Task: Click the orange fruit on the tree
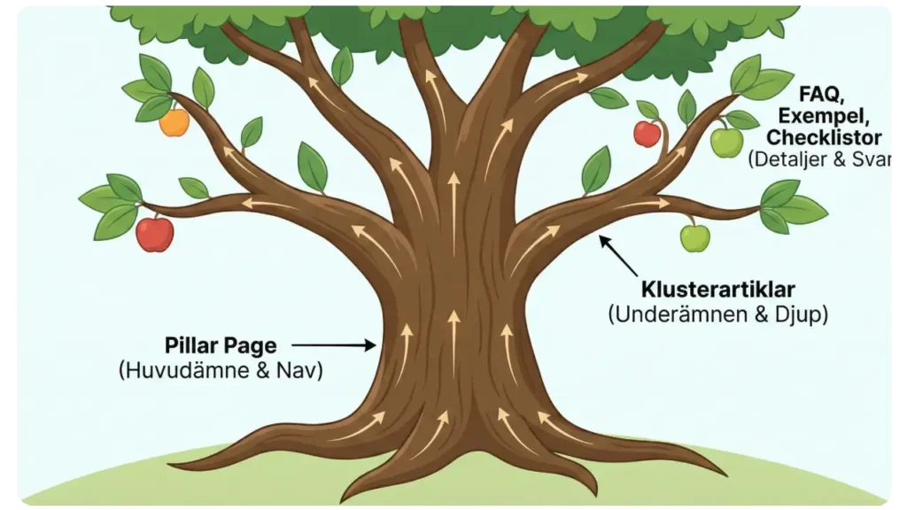tap(174, 122)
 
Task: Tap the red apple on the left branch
tap(155, 234)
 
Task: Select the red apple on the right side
tap(647, 134)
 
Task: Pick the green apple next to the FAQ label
tap(726, 142)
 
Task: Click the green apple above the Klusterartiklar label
tap(694, 237)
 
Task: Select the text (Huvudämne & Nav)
tap(221, 371)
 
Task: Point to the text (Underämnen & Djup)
tap(717, 314)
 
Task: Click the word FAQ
tap(818, 94)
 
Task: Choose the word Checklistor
tap(824, 138)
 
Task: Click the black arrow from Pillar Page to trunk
tap(333, 346)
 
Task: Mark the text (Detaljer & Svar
tap(819, 160)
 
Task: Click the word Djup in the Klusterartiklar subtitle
tap(801, 314)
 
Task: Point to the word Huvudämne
tap(190, 371)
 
